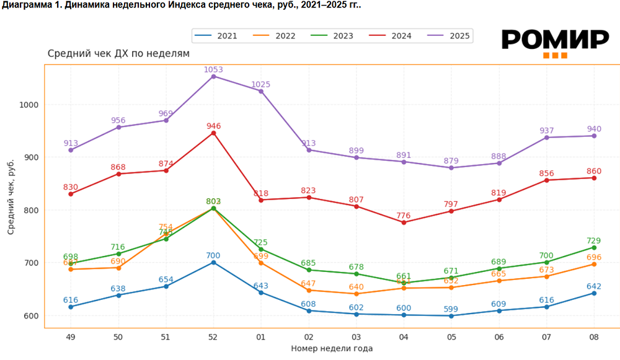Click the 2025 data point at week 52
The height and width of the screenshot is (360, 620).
tap(213, 76)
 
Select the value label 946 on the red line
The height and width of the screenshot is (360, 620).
tap(213, 126)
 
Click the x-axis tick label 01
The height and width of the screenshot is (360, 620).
tap(260, 337)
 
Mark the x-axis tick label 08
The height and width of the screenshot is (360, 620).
tap(593, 337)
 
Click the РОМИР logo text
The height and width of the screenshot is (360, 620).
tap(555, 40)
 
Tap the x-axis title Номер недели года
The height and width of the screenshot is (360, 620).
tap(332, 349)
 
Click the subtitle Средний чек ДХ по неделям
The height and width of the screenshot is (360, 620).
tap(118, 54)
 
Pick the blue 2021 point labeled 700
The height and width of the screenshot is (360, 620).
tap(213, 263)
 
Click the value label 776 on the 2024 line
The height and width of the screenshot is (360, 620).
tap(404, 216)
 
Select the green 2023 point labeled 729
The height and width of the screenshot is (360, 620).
tap(593, 247)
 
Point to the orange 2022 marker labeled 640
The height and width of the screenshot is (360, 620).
tap(356, 294)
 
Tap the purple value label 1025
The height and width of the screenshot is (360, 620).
tap(261, 84)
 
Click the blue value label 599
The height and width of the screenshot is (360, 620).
tap(451, 309)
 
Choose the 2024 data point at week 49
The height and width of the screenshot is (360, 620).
tap(71, 194)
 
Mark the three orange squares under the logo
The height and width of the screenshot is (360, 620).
tap(555, 56)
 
